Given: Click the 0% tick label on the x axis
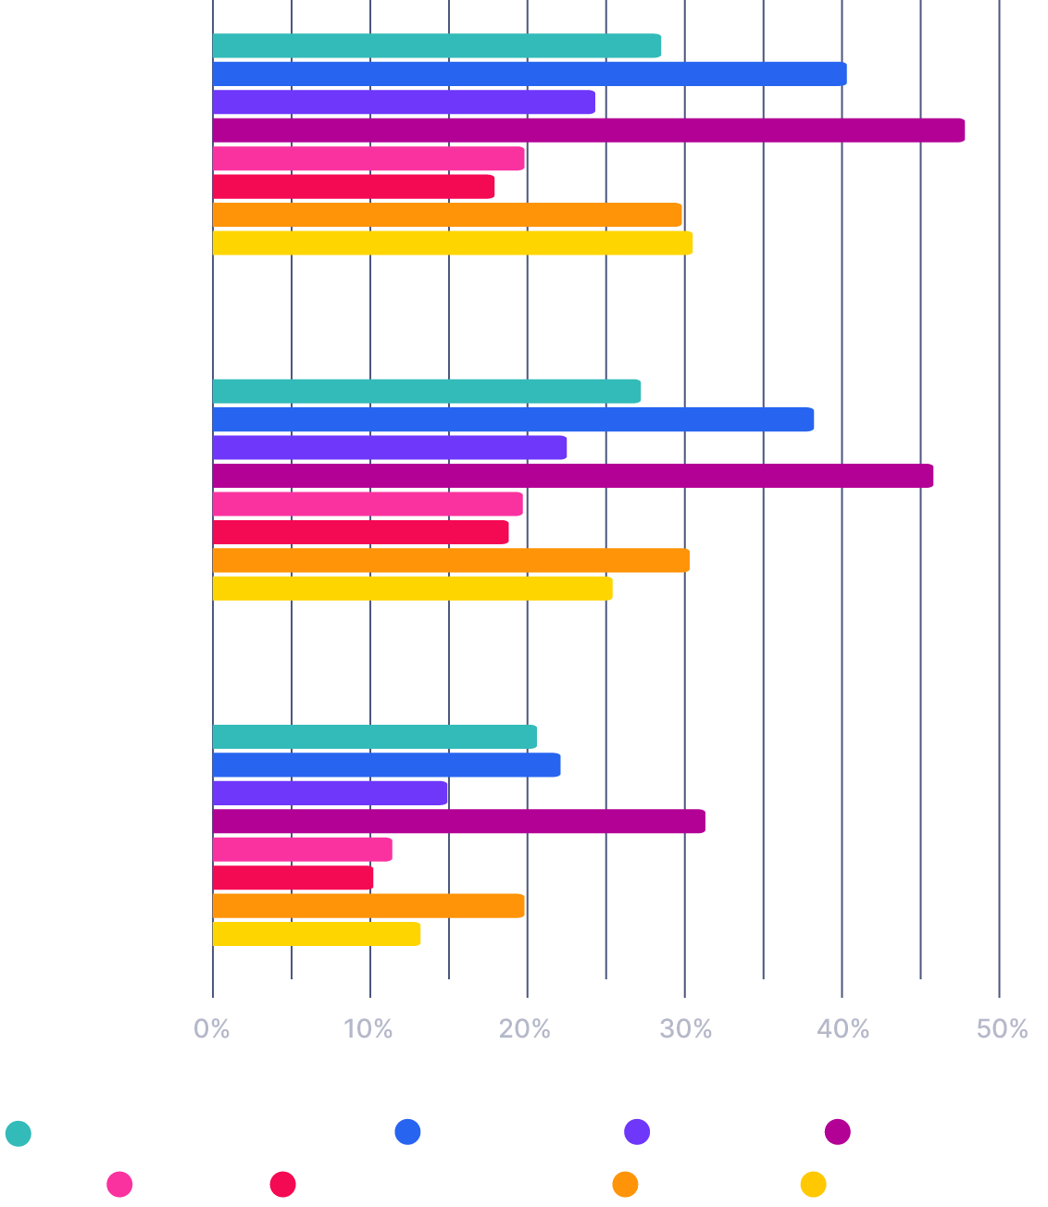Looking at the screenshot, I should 212,1028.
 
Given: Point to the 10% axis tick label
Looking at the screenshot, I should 369,1028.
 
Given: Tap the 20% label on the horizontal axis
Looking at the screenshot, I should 527,1028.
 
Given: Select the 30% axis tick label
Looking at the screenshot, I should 684,1028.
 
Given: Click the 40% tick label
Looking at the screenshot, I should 842,1028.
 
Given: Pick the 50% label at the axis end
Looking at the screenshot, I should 1003,1028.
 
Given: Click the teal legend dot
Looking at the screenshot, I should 19,1133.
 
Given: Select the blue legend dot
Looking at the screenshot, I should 407,1131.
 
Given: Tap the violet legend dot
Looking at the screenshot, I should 637,1131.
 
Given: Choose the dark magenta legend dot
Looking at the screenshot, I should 838,1131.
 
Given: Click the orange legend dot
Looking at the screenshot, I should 625,1184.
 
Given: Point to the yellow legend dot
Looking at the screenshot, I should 813,1184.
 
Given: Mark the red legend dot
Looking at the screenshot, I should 282,1184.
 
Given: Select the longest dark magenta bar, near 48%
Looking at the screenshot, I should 589,131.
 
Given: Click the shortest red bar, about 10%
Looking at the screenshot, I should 293,877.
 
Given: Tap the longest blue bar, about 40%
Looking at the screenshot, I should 530,74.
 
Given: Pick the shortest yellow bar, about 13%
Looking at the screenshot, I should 317,934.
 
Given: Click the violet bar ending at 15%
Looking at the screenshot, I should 331,793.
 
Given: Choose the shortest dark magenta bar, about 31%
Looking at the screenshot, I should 458,821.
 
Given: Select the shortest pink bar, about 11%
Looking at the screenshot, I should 302,850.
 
